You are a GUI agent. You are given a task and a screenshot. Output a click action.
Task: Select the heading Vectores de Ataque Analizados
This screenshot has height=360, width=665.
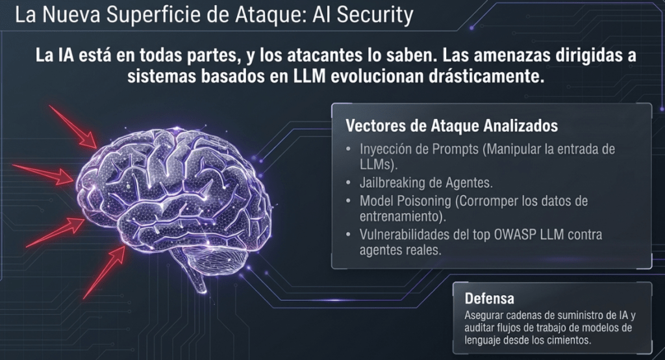click(452, 125)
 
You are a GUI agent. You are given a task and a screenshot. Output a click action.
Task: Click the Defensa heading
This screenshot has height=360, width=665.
click(489, 298)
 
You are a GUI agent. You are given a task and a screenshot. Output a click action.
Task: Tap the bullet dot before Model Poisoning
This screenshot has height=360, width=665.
click(349, 200)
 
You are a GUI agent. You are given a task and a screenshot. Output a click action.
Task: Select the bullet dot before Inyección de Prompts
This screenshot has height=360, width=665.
click(349, 149)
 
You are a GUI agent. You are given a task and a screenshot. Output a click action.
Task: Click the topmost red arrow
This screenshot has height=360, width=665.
click(73, 127)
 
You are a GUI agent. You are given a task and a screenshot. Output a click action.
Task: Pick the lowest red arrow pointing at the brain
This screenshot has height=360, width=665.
click(105, 272)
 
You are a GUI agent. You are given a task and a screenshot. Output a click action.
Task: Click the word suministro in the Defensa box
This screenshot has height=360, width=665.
click(581, 315)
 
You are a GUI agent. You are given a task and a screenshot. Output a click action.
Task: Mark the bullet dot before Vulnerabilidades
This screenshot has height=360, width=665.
click(349, 235)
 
